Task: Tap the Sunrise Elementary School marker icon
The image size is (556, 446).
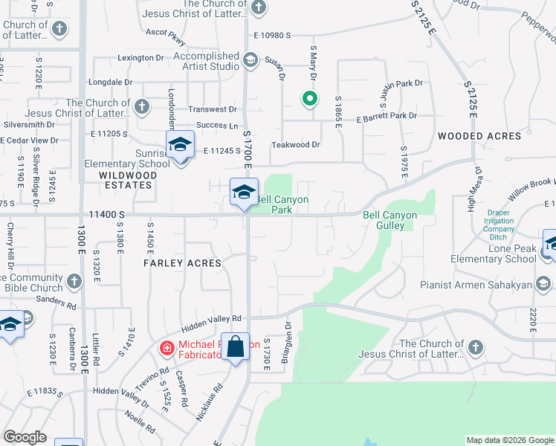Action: click(x=179, y=144)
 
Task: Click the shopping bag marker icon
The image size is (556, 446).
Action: click(x=235, y=346)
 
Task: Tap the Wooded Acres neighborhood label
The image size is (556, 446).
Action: click(x=479, y=136)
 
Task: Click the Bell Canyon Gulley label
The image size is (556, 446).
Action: click(x=389, y=220)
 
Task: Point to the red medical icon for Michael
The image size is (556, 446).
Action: click(x=167, y=347)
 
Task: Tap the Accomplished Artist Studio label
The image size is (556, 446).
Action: click(x=207, y=61)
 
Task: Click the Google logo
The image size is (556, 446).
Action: click(x=25, y=437)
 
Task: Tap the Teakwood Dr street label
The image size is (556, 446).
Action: click(x=295, y=145)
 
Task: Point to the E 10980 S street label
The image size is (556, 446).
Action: click(x=281, y=36)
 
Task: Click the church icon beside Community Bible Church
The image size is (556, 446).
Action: click(x=74, y=281)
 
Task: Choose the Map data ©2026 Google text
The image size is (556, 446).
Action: click(x=509, y=440)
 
